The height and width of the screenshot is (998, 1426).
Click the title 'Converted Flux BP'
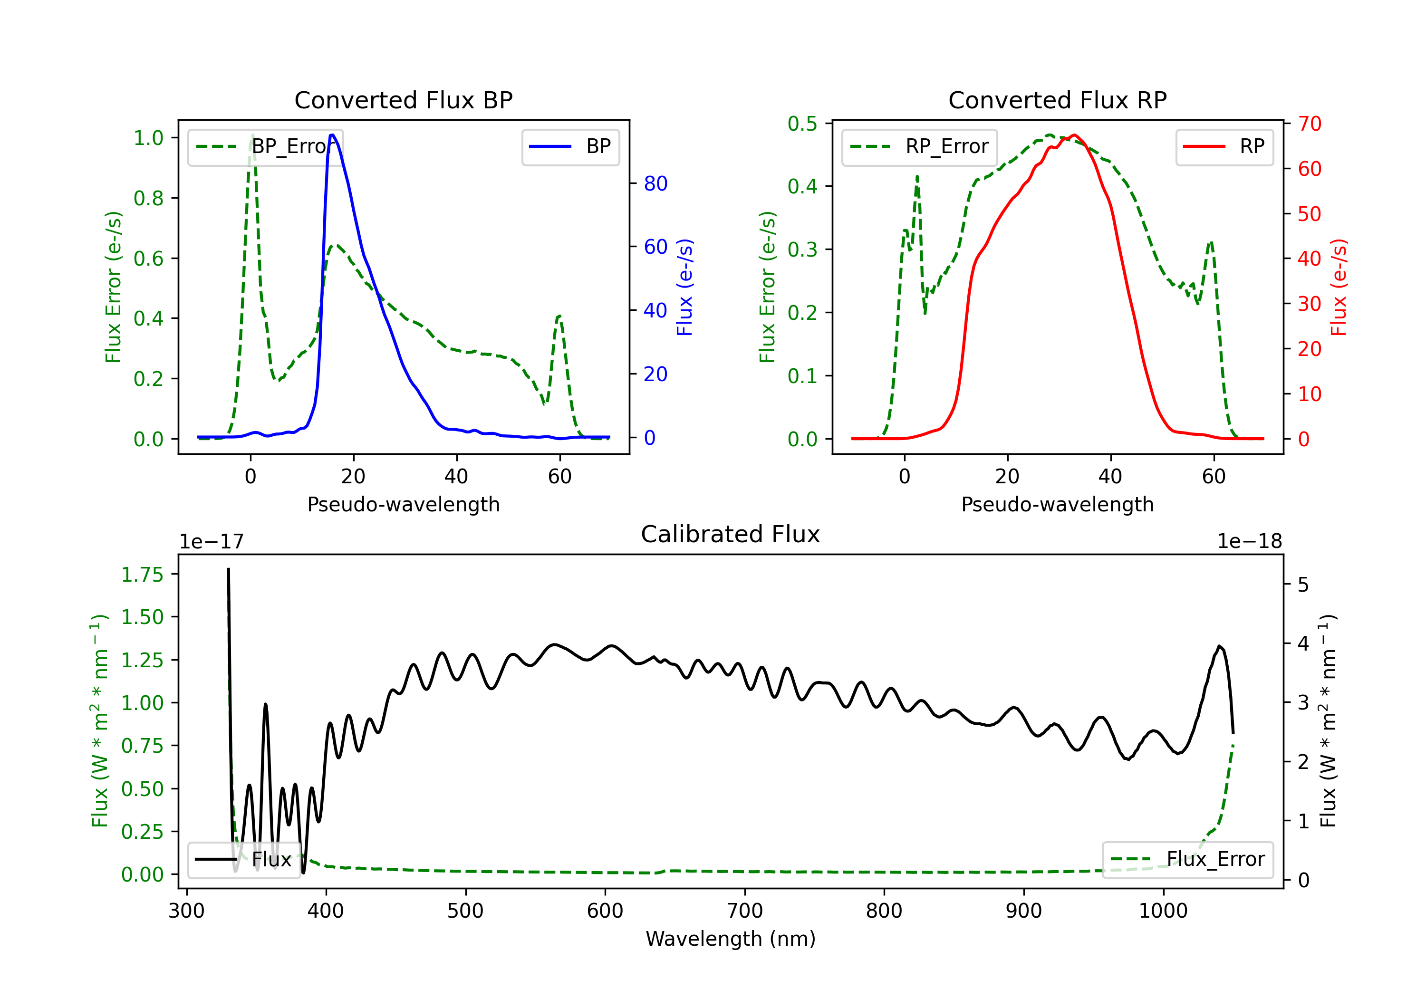point(403,100)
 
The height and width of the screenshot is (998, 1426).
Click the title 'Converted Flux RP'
point(1057,100)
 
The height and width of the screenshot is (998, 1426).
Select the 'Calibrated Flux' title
point(731,534)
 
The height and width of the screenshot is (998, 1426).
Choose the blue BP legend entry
point(570,146)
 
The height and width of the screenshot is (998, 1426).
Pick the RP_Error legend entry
point(919,146)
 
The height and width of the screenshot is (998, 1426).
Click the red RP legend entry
point(1224,146)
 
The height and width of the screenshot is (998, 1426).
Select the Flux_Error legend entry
point(1187,860)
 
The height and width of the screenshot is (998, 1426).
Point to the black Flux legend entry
point(243,860)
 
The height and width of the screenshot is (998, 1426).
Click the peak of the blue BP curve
point(332,135)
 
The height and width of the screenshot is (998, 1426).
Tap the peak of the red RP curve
point(1074,135)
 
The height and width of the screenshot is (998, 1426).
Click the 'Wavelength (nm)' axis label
point(731,939)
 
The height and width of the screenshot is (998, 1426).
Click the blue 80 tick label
point(655,183)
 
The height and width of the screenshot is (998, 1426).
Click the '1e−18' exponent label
point(1250,542)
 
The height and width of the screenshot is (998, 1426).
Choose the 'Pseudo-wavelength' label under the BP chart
point(404,504)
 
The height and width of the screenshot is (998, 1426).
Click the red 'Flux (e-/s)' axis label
point(1339,287)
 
